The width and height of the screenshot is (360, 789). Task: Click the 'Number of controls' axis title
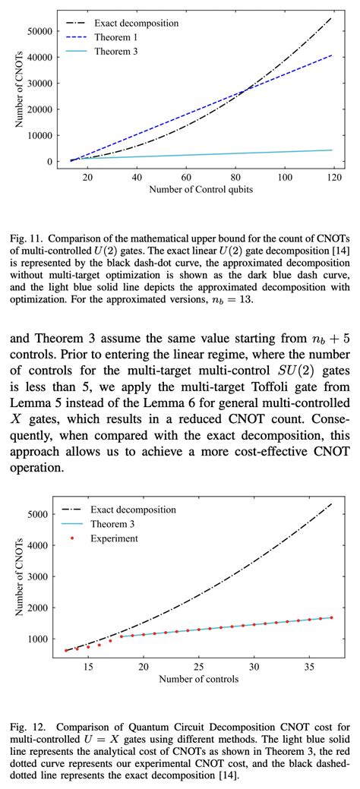click(199, 678)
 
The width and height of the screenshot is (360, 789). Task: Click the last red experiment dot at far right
click(331, 617)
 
